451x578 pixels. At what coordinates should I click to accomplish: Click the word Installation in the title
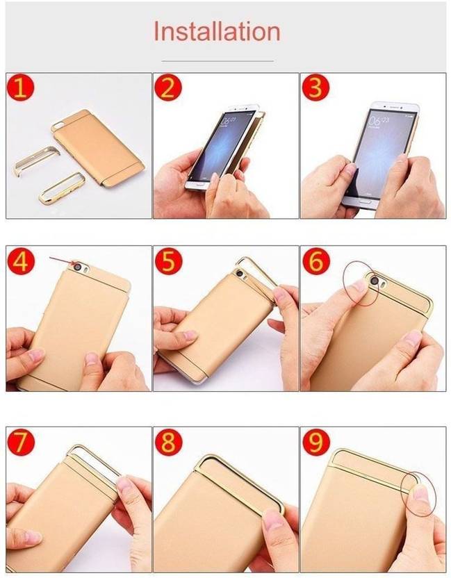click(217, 31)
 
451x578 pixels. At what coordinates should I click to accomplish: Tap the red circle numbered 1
click(20, 88)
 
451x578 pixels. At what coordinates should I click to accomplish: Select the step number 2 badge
click(168, 88)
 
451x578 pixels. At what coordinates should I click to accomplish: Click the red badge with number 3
click(315, 88)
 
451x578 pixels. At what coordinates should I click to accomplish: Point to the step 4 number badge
click(21, 262)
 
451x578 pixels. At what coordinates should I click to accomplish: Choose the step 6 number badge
click(316, 262)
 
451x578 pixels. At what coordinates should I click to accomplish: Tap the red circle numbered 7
click(21, 443)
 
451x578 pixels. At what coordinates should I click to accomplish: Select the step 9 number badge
click(316, 443)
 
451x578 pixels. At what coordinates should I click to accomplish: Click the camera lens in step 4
click(79, 267)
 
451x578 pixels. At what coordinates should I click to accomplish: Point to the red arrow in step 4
click(63, 261)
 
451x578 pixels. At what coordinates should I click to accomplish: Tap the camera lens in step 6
click(375, 281)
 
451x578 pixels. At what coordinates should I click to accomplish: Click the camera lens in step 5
click(240, 274)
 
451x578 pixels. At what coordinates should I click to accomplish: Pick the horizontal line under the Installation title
click(218, 60)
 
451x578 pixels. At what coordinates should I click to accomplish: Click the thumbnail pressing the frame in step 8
click(272, 520)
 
